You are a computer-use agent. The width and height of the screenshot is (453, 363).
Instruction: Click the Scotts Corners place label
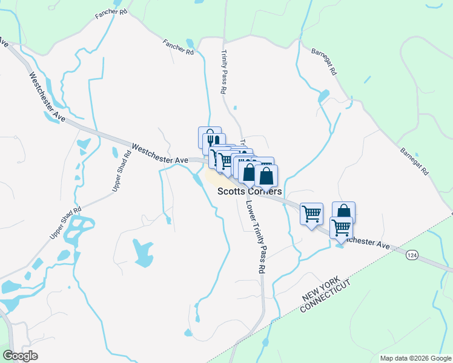click(x=250, y=191)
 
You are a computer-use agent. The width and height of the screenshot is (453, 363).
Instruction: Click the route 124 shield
click(x=412, y=256)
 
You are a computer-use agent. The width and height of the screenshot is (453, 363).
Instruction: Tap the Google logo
click(x=20, y=356)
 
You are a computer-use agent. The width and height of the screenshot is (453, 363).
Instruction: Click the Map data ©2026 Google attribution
click(x=415, y=358)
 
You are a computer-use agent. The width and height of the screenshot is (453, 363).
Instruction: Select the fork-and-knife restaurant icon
click(x=210, y=137)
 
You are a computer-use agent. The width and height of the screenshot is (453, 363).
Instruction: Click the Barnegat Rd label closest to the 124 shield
click(x=414, y=161)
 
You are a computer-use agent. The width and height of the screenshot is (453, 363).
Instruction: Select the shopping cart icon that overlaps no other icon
click(x=311, y=214)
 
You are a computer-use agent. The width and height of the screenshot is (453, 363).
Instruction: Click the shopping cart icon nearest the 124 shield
click(x=341, y=228)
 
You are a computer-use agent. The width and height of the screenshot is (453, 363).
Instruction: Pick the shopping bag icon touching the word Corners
click(x=266, y=175)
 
